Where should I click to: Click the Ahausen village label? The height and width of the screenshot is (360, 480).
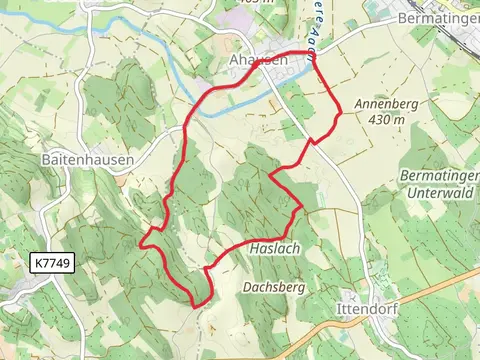258,61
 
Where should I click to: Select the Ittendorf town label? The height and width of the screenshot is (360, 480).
368,310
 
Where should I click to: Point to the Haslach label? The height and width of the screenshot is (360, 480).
276,247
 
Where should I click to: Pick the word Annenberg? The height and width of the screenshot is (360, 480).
382,104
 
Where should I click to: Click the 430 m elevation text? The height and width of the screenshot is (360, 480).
386,120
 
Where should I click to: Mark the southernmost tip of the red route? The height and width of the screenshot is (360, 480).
197,304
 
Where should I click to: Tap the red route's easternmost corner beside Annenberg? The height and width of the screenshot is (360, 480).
339,113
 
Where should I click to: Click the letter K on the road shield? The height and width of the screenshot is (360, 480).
38,263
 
